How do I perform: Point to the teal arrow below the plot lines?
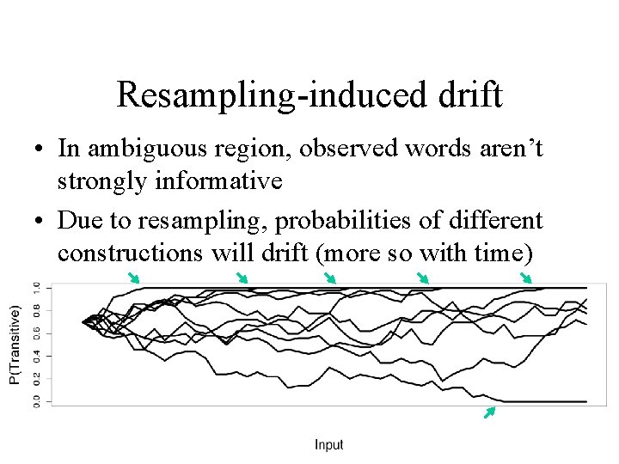(489, 412)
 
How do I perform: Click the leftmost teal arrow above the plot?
(133, 277)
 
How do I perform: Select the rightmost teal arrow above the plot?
(526, 277)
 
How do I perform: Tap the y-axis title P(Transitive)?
(15, 345)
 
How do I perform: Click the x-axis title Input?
(328, 444)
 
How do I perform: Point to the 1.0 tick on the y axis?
(35, 287)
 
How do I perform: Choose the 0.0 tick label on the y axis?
(35, 401)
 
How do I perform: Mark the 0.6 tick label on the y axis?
(35, 333)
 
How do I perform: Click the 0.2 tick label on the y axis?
(35, 378)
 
